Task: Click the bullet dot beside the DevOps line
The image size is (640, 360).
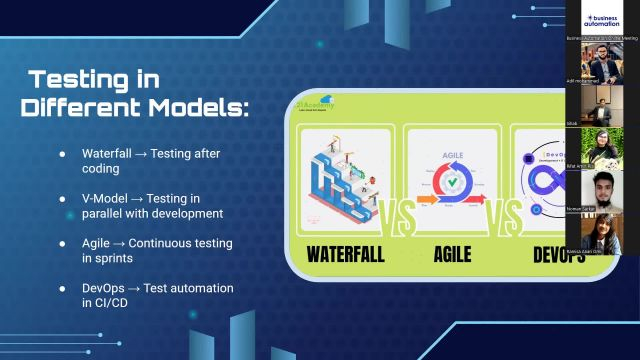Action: [x=62, y=289]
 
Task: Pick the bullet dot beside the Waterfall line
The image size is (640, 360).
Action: [x=62, y=154]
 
